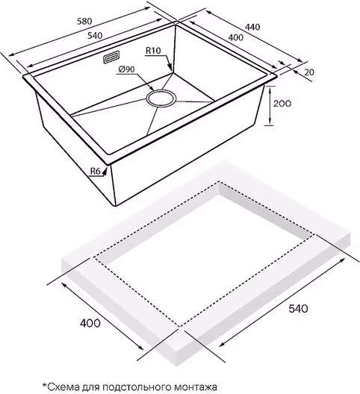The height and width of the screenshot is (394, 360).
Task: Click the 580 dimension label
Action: [x=84, y=21]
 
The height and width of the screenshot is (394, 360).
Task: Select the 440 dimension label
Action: [x=252, y=27]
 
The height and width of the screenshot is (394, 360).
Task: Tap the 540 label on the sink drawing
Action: [x=95, y=35]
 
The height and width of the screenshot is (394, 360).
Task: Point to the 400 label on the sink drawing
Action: [x=236, y=37]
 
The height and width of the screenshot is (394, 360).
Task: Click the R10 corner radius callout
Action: [x=153, y=51]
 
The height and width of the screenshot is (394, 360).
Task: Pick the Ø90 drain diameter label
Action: [x=125, y=69]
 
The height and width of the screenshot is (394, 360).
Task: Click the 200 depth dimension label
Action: [x=282, y=103]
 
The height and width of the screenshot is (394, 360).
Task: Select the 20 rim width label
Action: [x=309, y=72]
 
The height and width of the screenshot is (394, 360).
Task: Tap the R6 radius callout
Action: [x=96, y=172]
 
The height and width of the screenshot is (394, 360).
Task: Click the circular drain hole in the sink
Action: [x=161, y=98]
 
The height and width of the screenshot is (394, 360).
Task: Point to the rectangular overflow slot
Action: [x=111, y=57]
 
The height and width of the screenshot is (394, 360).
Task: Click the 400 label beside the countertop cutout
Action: [x=90, y=323]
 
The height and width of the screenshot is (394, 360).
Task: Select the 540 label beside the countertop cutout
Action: [x=298, y=308]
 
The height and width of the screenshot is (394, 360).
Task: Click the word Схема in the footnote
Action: [x=60, y=387]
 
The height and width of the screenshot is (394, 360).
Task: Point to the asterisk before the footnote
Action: [x=45, y=385]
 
